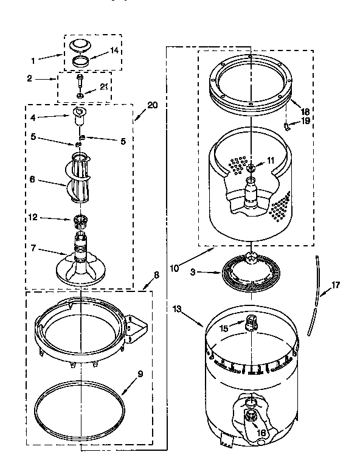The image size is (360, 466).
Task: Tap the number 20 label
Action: tap(152, 105)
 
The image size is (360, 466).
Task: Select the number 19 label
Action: tap(305, 120)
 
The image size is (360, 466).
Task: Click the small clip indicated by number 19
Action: tap(287, 125)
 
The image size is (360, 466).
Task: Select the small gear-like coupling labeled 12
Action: tap(80, 219)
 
